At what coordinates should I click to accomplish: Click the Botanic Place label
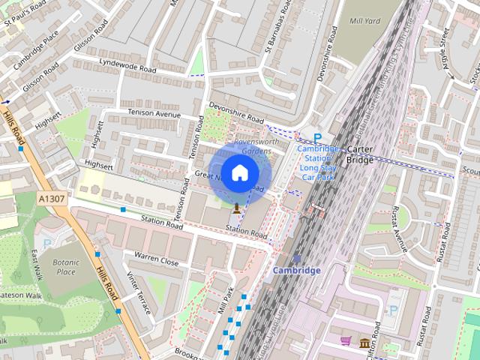point(65,267)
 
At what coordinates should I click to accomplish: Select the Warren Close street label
point(156,259)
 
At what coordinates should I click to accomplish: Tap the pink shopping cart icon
point(346,341)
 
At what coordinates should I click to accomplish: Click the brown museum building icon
point(364,343)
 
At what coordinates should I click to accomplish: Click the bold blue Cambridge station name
point(296,270)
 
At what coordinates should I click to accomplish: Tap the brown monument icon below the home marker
point(237,208)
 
